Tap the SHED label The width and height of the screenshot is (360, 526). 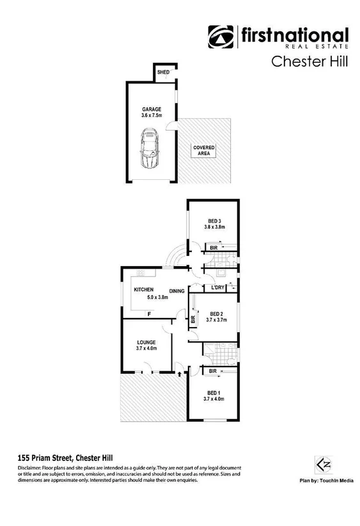(x=163, y=72)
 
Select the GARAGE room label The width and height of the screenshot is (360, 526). (x=152, y=109)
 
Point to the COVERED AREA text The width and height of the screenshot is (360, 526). (x=205, y=151)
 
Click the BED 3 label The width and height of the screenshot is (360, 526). (x=214, y=221)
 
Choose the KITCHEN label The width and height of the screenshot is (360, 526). (x=143, y=290)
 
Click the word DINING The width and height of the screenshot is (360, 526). (x=177, y=292)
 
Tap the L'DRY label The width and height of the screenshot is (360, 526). (x=217, y=287)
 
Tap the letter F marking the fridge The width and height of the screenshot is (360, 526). (x=149, y=314)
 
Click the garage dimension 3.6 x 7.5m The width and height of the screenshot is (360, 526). (x=152, y=116)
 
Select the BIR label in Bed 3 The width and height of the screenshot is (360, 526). (x=213, y=247)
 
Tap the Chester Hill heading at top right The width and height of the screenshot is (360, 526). (x=310, y=62)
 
